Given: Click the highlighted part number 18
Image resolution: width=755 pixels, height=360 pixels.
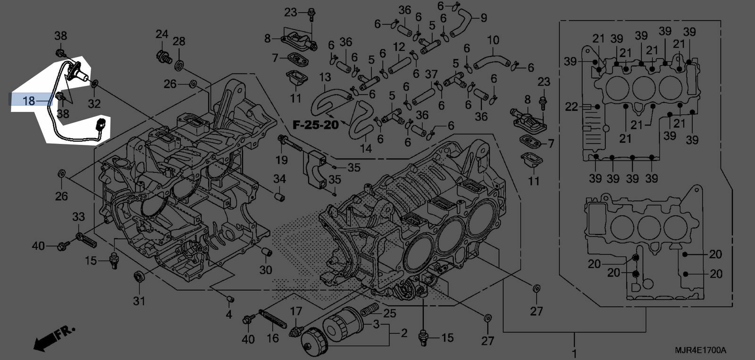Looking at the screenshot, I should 29,100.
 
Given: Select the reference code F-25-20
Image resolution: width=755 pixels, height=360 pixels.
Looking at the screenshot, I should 316,125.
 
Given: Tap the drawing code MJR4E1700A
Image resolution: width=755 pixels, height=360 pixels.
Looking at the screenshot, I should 700,351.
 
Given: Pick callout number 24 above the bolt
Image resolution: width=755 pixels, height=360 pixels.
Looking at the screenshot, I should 162,34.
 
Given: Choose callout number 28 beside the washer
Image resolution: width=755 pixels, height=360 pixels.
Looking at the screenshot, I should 179,41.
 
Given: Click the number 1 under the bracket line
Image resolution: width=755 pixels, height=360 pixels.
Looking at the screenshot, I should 574,353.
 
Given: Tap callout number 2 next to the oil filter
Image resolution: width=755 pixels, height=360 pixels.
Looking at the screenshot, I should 404,333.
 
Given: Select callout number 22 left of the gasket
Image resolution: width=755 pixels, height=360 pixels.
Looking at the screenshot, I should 571,107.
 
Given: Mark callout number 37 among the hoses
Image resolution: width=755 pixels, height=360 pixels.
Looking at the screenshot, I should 431,74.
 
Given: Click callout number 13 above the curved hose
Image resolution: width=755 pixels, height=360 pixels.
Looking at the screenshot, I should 325,77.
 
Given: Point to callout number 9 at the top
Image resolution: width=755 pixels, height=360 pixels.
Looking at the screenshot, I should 484,18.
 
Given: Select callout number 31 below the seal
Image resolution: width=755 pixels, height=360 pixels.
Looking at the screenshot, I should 139,301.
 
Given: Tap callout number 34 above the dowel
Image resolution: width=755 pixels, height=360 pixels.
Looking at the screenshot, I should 280,179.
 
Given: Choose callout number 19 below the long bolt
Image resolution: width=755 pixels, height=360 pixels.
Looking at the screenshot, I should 282,160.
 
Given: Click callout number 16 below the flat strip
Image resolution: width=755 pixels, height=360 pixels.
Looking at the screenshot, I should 273,338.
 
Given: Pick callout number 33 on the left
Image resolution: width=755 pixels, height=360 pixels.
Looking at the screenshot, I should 78,217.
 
